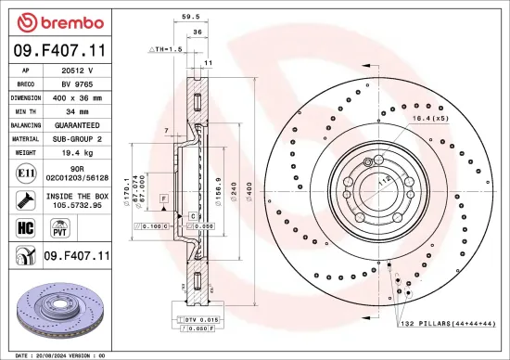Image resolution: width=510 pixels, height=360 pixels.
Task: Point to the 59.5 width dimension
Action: [x=191, y=16]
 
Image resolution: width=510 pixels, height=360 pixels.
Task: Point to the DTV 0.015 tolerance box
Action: [x=198, y=320]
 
